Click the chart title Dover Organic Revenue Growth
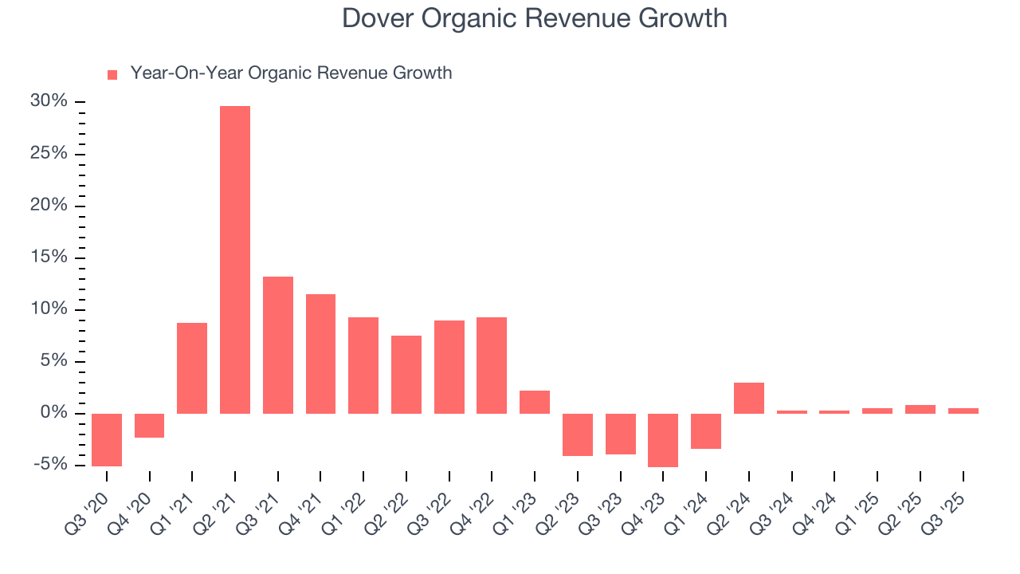pyautogui.click(x=534, y=18)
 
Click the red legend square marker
pyautogui.click(x=112, y=74)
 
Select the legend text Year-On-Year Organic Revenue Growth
pyautogui.click(x=291, y=73)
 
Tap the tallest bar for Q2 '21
pyautogui.click(x=235, y=259)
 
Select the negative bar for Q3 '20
pyautogui.click(x=107, y=439)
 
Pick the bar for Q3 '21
pyautogui.click(x=278, y=344)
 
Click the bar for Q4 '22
pyautogui.click(x=492, y=365)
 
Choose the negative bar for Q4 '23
pyautogui.click(x=663, y=440)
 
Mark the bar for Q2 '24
pyautogui.click(x=749, y=398)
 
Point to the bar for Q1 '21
pyautogui.click(x=192, y=368)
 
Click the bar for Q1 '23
pyautogui.click(x=535, y=402)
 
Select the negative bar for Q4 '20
pyautogui.click(x=149, y=426)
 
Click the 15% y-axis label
pyautogui.click(x=49, y=258)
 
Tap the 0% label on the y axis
pyautogui.click(x=54, y=413)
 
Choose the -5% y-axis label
pyautogui.click(x=49, y=465)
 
